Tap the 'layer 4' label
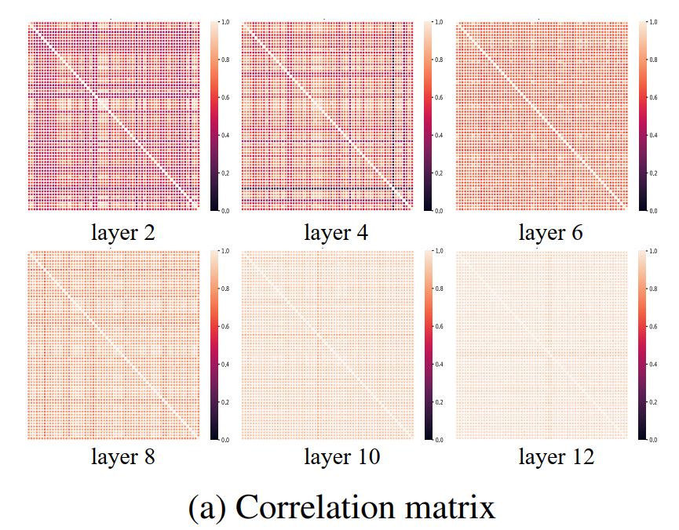(x=337, y=233)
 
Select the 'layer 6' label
(x=551, y=233)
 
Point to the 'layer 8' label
(x=122, y=457)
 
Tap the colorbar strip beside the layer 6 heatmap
(x=644, y=116)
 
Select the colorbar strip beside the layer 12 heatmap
(x=644, y=345)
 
